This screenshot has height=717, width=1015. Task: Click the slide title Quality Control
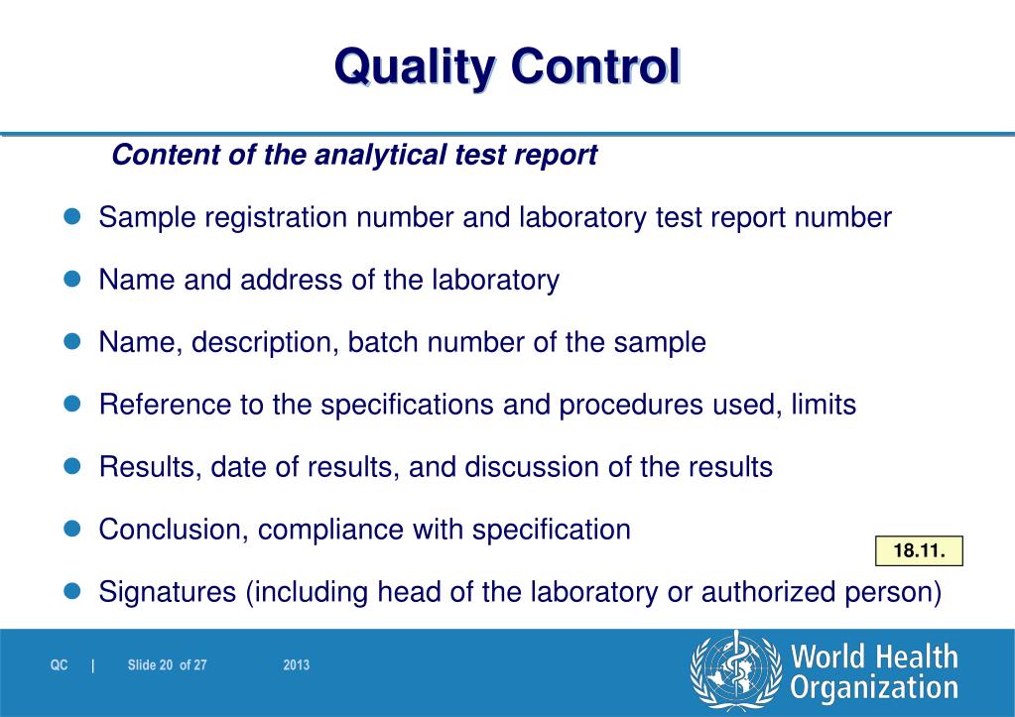coord(507,67)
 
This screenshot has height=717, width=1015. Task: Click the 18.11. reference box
coord(919,550)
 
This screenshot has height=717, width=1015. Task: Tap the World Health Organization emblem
coord(733,671)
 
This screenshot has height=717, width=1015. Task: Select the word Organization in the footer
coord(874,688)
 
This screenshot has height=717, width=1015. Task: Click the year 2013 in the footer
coord(296,665)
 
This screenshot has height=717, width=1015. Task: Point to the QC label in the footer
coord(60,665)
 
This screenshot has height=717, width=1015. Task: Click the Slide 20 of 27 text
coord(167,665)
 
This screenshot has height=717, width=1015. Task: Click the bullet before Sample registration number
coord(71,217)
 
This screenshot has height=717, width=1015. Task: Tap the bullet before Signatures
coord(71,591)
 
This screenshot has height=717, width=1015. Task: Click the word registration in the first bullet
coord(281,218)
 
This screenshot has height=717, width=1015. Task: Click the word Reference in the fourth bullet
coord(166,405)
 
